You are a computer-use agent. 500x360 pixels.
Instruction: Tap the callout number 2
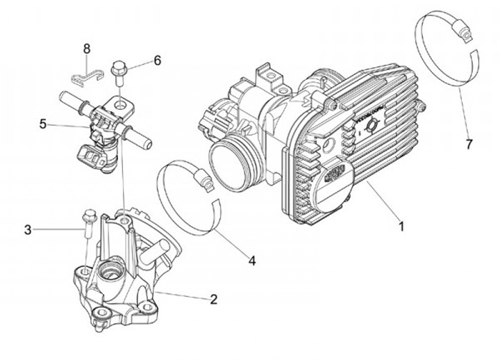click(214, 300)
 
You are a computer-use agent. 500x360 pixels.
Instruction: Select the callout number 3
click(28, 229)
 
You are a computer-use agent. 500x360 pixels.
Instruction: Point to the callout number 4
click(252, 261)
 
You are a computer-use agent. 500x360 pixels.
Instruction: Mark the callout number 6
click(158, 60)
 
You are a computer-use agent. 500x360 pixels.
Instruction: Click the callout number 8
click(87, 48)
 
